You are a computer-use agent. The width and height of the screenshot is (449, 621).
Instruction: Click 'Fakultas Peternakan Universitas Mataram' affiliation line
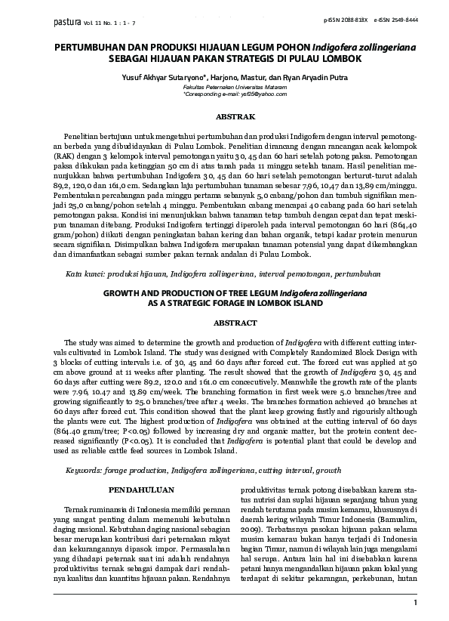pyautogui.click(x=225, y=88)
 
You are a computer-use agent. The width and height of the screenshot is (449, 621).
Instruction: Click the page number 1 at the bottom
pyautogui.click(x=415, y=602)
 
